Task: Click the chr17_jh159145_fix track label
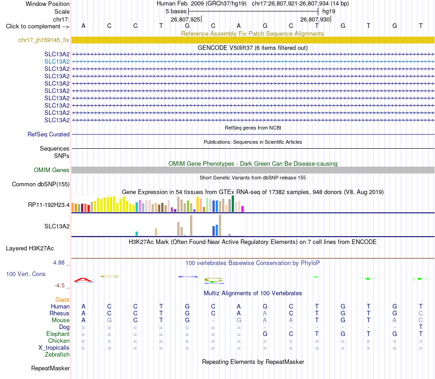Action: pyautogui.click(x=44, y=40)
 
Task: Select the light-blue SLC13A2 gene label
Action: pyautogui.click(x=57, y=61)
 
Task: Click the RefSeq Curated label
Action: pyautogui.click(x=49, y=135)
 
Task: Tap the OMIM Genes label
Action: pyautogui.click(x=52, y=170)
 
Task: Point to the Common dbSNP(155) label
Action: pyautogui.click(x=41, y=184)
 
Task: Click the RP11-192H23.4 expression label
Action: pyautogui.click(x=49, y=205)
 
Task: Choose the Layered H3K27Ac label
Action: pyautogui.click(x=30, y=249)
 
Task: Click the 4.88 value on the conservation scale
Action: pyautogui.click(x=59, y=263)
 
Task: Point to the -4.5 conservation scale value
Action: pyautogui.click(x=60, y=286)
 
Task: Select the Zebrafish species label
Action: pyautogui.click(x=57, y=355)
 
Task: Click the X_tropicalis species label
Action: pyautogui.click(x=54, y=348)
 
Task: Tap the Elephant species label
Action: pyautogui.click(x=58, y=334)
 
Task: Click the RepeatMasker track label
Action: pyautogui.click(x=50, y=368)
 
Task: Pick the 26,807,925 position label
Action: pyautogui.click(x=185, y=19)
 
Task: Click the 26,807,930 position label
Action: pyautogui.click(x=315, y=19)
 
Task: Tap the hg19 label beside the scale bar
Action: pyautogui.click(x=329, y=11)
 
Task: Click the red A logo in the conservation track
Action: pyautogui.click(x=83, y=280)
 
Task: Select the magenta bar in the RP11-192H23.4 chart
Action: pyautogui.click(x=243, y=209)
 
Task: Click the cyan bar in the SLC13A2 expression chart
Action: pyautogui.click(x=136, y=234)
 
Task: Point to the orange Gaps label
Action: pyautogui.click(x=62, y=299)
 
